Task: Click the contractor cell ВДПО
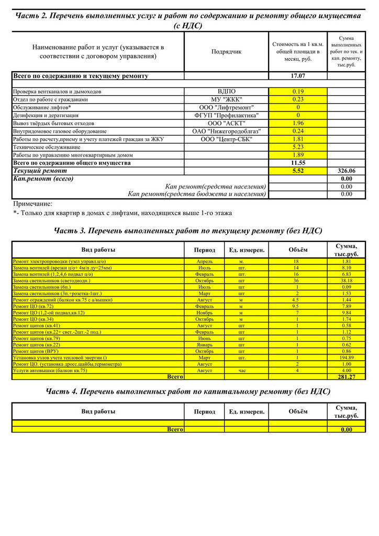click(x=227, y=92)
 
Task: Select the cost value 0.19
click(x=298, y=92)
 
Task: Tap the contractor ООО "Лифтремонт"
click(x=227, y=107)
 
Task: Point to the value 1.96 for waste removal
click(x=298, y=123)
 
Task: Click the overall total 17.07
click(x=298, y=76)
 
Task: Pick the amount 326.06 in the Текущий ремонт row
click(x=347, y=171)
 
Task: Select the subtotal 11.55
click(x=298, y=163)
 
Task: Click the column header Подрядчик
click(x=227, y=52)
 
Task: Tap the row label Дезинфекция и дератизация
click(x=46, y=115)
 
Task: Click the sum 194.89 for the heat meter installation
click(x=347, y=358)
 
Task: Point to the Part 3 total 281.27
click(x=347, y=377)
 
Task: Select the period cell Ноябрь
click(x=204, y=312)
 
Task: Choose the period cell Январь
click(x=204, y=344)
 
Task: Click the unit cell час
click(x=241, y=370)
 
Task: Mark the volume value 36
click(x=296, y=281)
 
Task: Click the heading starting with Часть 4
click(x=188, y=392)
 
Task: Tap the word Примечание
click(x=32, y=204)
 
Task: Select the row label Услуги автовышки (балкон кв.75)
click(x=50, y=370)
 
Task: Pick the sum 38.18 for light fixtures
click(x=347, y=281)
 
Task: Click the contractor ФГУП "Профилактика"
click(x=227, y=115)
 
